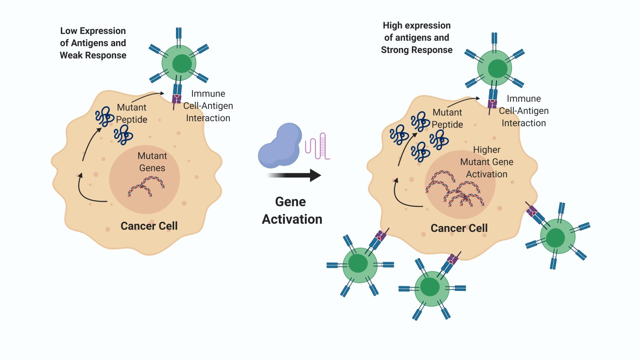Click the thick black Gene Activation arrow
click(x=295, y=174)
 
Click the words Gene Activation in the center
click(x=292, y=210)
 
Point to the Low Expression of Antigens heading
click(x=93, y=43)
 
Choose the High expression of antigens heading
click(x=416, y=38)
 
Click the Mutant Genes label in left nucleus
click(x=151, y=162)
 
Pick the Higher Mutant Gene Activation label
click(x=486, y=162)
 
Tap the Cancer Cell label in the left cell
click(x=149, y=226)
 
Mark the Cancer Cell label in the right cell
click(x=459, y=228)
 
